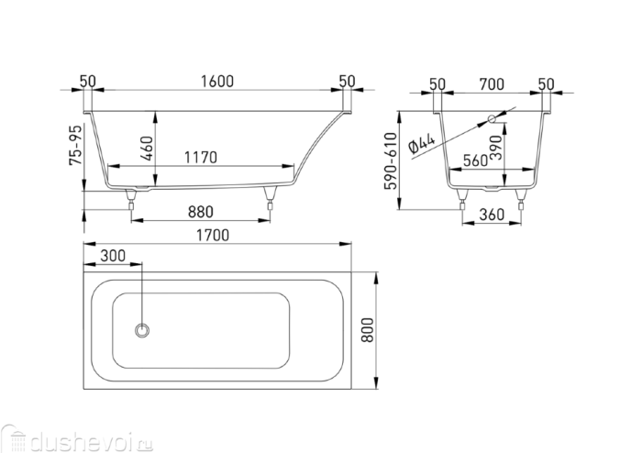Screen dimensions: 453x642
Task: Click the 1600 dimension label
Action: pos(216,81)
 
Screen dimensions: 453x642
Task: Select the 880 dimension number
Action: pos(201,211)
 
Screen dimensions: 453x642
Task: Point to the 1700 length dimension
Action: pos(212,235)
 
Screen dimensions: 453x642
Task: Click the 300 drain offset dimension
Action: pos(113,254)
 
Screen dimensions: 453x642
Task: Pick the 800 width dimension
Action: pos(368,326)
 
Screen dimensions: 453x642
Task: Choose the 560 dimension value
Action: pos(475,159)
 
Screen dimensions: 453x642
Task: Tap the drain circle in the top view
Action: pos(143,328)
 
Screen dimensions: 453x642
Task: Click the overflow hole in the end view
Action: pos(492,117)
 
